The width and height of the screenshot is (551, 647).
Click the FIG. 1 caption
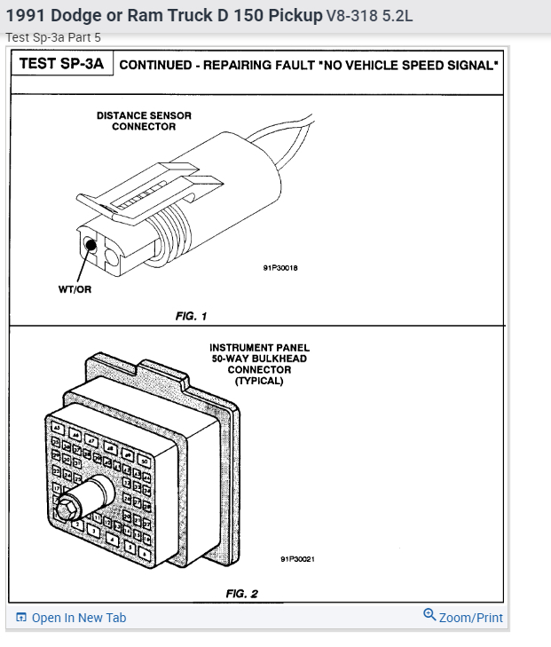(x=190, y=316)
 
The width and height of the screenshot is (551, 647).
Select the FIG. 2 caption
(x=241, y=593)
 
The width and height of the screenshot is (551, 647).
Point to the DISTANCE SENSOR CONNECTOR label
(x=144, y=121)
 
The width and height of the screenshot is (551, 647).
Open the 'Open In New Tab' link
(x=78, y=618)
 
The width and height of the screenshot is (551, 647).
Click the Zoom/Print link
(x=470, y=618)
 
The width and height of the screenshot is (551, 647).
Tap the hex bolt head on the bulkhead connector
(x=66, y=509)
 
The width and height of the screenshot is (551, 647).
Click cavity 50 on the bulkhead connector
(x=145, y=461)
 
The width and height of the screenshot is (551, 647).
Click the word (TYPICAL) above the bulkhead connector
(x=259, y=381)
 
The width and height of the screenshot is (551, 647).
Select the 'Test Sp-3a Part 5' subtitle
(x=53, y=37)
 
